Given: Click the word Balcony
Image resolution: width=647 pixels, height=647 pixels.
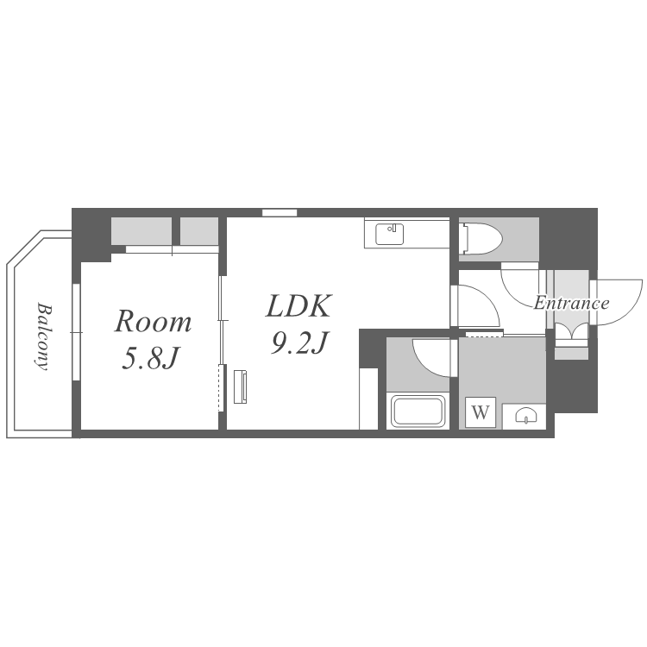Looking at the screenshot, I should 41,336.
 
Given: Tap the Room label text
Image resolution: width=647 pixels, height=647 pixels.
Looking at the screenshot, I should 153,322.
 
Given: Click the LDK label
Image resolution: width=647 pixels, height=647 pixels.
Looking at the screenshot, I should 298,306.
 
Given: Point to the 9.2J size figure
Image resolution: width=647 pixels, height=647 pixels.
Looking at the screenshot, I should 298,343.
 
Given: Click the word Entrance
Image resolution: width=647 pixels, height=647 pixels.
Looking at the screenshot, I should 571,303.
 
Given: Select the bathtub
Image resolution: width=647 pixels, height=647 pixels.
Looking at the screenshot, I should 418,411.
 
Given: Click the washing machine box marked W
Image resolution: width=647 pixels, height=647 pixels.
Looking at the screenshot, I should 481,412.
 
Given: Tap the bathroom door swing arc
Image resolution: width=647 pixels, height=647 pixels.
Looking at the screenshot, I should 434,355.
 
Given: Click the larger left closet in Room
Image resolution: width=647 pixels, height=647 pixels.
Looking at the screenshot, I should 141,231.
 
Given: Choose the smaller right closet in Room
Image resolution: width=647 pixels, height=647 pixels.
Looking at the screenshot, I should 199,231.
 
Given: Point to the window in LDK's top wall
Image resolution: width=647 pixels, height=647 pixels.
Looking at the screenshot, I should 280,212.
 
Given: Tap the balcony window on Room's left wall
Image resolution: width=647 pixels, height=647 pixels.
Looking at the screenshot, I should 76,332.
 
